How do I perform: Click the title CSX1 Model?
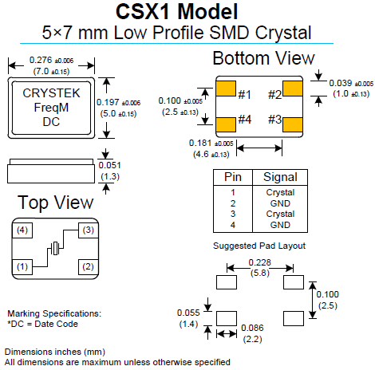tap(187, 12)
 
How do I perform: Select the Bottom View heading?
tap(263, 59)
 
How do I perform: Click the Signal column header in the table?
tap(279, 177)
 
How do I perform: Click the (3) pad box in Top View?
tap(87, 230)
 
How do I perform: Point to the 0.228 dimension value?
tap(259, 262)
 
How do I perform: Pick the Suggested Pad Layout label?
tap(259, 244)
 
